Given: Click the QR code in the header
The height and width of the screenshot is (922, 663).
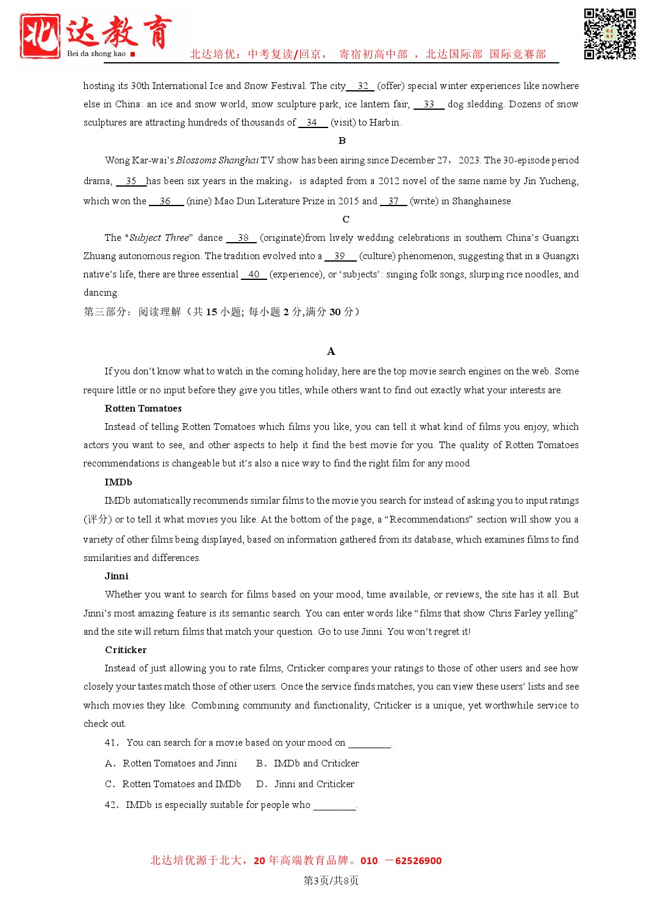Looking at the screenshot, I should click(x=609, y=34).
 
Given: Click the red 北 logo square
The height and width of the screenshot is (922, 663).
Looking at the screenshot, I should click(x=40, y=36).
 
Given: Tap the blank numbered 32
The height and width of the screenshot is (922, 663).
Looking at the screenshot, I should click(x=362, y=86).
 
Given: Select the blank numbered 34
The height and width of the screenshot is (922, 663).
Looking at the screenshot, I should click(x=312, y=123).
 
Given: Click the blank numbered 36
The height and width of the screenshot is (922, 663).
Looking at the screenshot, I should click(x=165, y=201).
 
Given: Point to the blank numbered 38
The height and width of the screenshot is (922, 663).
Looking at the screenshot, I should click(x=243, y=238).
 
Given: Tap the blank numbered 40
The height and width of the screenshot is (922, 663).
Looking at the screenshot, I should click(x=254, y=274).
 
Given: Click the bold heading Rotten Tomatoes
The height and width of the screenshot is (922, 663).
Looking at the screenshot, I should click(x=143, y=409).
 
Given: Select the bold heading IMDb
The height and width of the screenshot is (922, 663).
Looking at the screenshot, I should click(x=118, y=482).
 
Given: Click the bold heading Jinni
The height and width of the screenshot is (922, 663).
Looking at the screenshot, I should click(x=116, y=576).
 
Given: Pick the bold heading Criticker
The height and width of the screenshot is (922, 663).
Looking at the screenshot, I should click(x=126, y=650).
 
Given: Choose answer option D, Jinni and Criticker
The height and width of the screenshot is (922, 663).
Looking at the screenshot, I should click(x=306, y=784).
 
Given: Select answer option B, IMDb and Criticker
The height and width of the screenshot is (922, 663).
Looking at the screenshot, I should click(x=308, y=763).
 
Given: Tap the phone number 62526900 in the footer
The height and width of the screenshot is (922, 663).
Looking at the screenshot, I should click(x=418, y=861).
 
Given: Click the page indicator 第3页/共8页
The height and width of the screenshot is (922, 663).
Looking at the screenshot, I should click(x=331, y=881).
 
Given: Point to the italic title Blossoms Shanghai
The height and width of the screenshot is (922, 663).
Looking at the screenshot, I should click(x=217, y=160).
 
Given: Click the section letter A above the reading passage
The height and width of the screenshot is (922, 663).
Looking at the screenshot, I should click(x=331, y=351).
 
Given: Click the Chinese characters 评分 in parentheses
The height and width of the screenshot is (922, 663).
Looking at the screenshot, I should click(x=98, y=520).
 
